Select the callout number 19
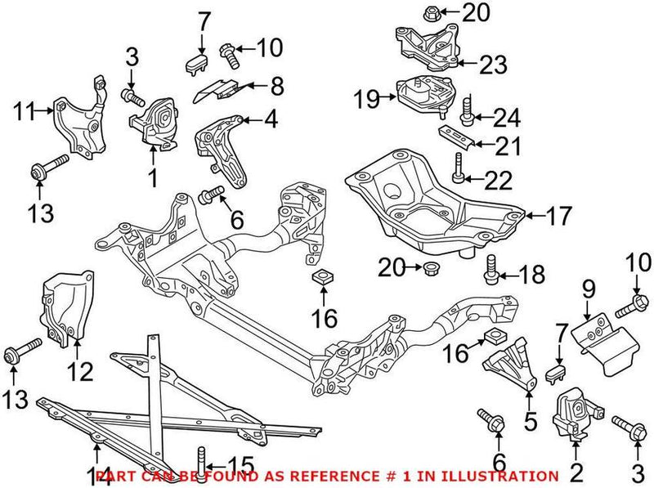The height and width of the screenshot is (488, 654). point(367,100)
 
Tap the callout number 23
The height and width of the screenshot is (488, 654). point(492,63)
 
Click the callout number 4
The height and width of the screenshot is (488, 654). point(270,121)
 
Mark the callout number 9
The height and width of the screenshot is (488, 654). point(586,288)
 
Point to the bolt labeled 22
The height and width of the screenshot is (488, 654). point(459,172)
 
